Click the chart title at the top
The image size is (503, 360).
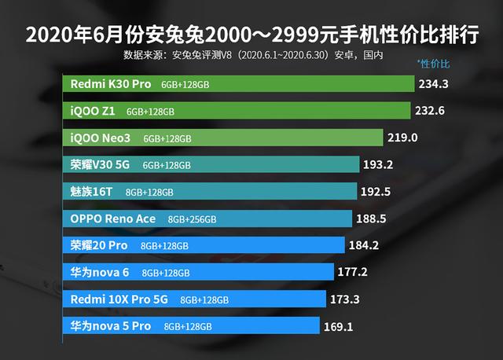(x=251, y=35)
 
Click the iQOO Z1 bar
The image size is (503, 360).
(x=236, y=111)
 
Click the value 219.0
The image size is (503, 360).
(x=402, y=138)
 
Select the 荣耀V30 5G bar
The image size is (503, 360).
(x=211, y=165)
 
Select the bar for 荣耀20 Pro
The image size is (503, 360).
(x=204, y=245)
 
